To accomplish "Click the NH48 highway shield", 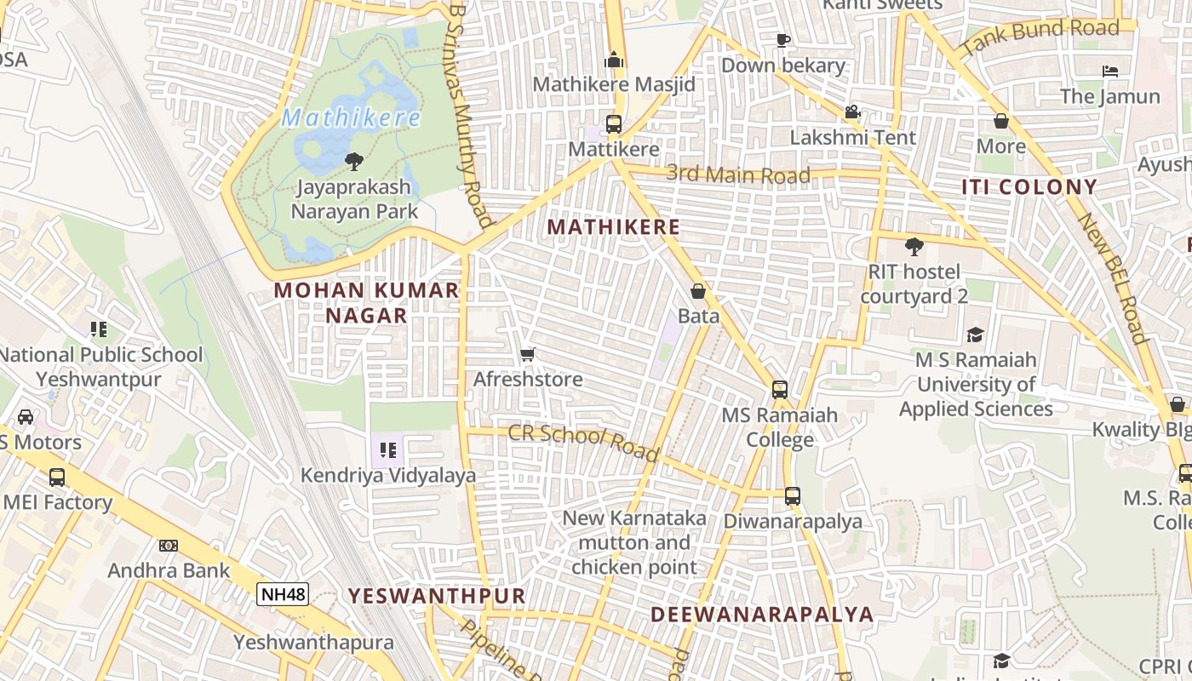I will (x=282, y=594).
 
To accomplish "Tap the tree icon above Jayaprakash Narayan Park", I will (x=353, y=161).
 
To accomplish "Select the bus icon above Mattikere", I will (x=613, y=124).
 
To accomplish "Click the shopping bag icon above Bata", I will (x=698, y=291).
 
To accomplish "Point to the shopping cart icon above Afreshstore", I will (x=528, y=354).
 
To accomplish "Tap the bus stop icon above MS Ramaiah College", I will (x=780, y=390).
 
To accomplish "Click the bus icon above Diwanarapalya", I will (x=793, y=495).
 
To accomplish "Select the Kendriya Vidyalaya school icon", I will (x=388, y=449).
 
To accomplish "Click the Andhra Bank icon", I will (x=169, y=546).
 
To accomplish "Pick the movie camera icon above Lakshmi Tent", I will (x=852, y=112).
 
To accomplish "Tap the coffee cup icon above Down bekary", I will (x=783, y=40).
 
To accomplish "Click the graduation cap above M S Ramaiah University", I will (x=975, y=335).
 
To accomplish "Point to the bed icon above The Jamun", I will (x=1110, y=71).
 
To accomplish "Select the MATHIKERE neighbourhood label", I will (x=614, y=227).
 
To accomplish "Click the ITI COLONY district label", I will (x=1029, y=187).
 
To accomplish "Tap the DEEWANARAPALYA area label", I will (x=762, y=615).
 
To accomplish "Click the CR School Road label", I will (x=584, y=442).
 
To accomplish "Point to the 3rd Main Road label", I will (x=738, y=175).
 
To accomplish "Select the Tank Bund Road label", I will (x=1040, y=37).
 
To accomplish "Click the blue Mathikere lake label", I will (x=351, y=117).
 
